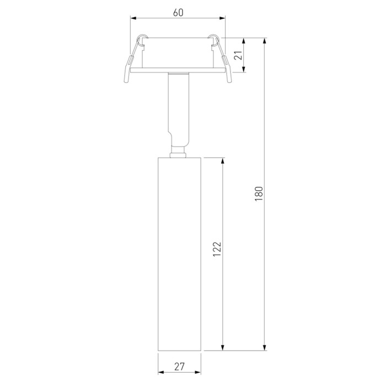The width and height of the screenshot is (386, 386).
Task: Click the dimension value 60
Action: click(178, 12)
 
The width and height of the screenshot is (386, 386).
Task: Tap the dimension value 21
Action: click(238, 55)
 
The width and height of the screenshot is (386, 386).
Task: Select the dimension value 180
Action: click(259, 194)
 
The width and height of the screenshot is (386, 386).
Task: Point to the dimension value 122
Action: click(217, 249)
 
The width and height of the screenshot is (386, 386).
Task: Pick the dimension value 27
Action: click(179, 367)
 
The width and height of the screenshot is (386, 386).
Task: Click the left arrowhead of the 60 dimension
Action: click(133, 18)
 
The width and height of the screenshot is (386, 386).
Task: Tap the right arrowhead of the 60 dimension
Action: click(222, 18)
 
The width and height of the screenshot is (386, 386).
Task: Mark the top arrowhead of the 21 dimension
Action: click(244, 41)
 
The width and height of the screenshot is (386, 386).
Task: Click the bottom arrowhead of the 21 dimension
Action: click(244, 69)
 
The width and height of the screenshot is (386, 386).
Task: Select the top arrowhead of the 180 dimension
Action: click(265, 41)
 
